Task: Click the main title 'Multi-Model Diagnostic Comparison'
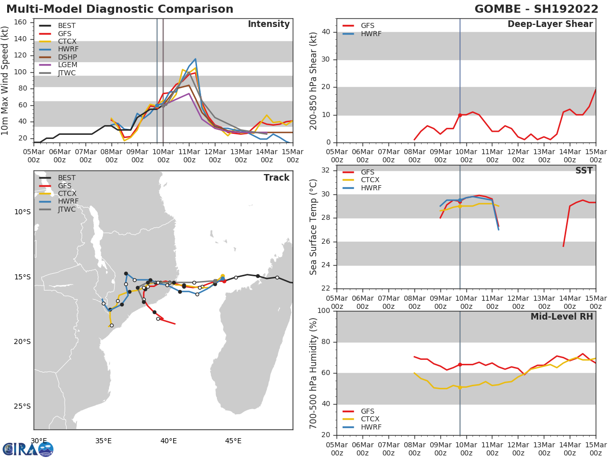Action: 120,9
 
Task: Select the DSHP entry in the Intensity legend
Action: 67,57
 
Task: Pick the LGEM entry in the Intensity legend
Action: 67,65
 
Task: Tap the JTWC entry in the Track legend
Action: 67,210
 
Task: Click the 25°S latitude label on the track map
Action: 22,406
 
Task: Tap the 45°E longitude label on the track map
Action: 233,441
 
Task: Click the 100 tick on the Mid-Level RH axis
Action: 324,311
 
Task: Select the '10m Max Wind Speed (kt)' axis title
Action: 6,81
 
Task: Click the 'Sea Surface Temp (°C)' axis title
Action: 314,227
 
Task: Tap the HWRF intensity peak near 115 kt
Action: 195,59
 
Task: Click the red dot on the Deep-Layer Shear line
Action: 460,115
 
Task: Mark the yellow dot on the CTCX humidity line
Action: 460,387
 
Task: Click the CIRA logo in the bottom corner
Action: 27,449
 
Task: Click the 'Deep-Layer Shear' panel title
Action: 550,24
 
